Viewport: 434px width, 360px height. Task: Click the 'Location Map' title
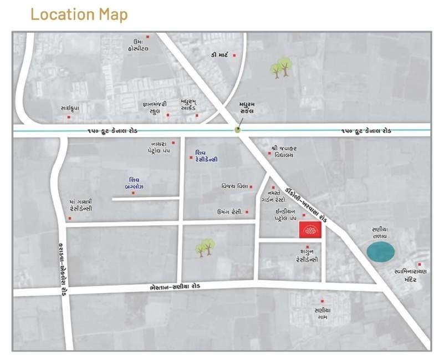(x=79, y=14)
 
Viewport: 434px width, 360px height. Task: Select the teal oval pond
(x=381, y=252)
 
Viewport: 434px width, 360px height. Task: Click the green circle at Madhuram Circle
(x=238, y=130)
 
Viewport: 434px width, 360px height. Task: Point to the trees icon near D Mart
(x=281, y=68)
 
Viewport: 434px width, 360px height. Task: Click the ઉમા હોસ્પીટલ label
(x=138, y=44)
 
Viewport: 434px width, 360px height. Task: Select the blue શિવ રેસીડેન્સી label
(x=207, y=156)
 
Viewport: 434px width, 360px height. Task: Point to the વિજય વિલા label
(x=233, y=186)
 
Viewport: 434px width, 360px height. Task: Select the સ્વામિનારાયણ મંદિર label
(x=410, y=276)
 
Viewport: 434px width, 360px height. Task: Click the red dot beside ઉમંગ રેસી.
(x=247, y=212)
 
